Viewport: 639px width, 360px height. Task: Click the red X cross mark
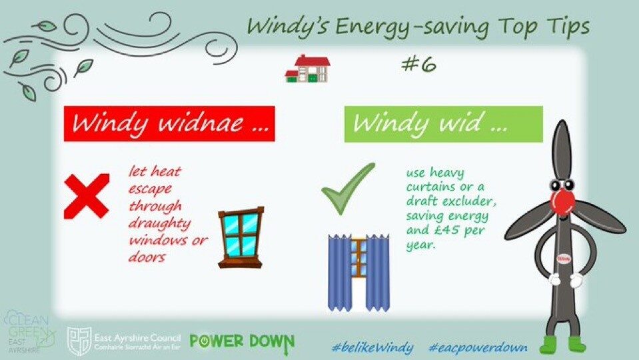point(87,196)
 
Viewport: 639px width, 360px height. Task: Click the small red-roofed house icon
point(308,69)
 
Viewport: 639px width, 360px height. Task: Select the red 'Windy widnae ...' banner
point(169,124)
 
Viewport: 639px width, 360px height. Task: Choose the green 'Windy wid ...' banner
point(443,125)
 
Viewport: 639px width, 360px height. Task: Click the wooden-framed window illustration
point(241,238)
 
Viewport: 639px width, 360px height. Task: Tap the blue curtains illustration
point(358,273)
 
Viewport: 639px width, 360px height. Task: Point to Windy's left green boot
point(550,345)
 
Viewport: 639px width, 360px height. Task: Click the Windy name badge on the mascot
point(564,259)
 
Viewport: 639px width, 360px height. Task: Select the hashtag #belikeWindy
point(372,348)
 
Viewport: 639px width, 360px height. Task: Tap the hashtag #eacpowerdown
point(478,348)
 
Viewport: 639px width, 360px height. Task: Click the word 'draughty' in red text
point(160,224)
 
